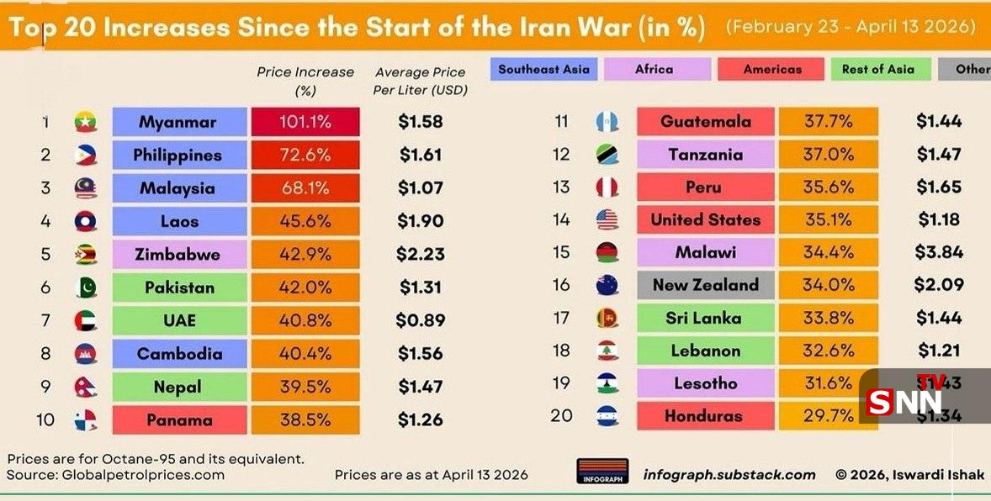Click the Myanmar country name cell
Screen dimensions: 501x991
point(178,122)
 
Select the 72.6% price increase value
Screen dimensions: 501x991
point(305,156)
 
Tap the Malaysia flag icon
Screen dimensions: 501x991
point(86,188)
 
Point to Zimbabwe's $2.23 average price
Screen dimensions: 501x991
point(420,255)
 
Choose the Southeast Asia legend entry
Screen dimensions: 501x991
point(543,70)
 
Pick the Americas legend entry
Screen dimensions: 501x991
point(771,70)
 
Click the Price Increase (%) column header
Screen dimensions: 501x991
point(305,81)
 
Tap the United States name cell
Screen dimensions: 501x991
point(705,220)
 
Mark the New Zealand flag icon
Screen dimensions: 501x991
point(607,286)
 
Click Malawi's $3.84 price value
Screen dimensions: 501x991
point(938,252)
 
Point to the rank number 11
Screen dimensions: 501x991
point(561,122)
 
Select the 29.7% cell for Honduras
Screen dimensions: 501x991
point(828,416)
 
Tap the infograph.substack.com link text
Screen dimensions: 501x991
point(729,475)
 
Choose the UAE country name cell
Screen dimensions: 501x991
point(178,320)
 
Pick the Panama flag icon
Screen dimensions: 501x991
point(86,419)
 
